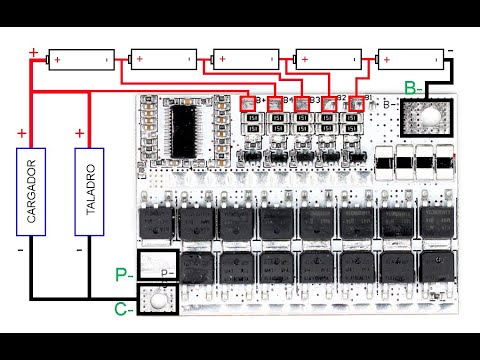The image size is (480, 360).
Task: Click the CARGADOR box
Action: tap(30, 192)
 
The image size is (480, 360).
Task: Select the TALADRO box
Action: tap(90, 192)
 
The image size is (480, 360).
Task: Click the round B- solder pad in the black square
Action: tap(426, 116)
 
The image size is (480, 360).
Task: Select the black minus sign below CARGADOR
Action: tap(21, 250)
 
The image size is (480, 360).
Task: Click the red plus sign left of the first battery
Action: tap(35, 52)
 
